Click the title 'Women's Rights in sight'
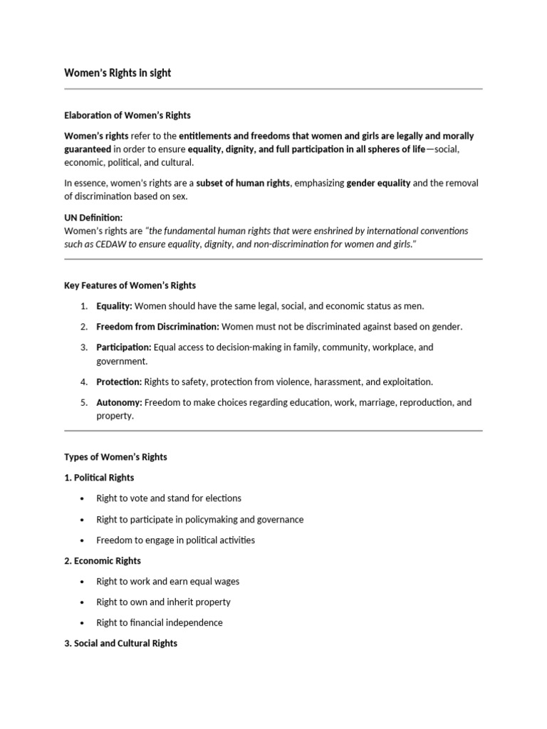coord(118,73)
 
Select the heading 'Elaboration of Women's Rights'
coord(127,115)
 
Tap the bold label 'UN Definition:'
coord(93,218)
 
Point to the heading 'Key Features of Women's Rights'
coord(130,285)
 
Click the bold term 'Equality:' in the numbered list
coord(114,306)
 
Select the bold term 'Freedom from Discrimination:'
coord(157,327)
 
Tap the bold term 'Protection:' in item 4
coord(119,382)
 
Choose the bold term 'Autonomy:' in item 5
coord(119,402)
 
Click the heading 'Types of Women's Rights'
coord(115,457)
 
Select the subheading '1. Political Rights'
coord(99,478)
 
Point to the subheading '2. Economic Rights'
coord(103,561)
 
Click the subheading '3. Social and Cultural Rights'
coord(121,644)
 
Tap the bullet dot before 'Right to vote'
coord(83,498)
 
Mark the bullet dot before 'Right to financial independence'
coord(83,623)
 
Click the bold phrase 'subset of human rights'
coord(243,183)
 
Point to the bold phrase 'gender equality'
coord(378,183)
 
